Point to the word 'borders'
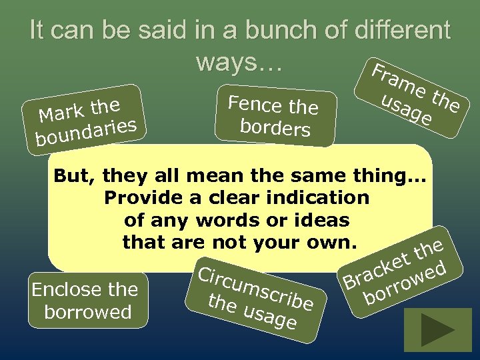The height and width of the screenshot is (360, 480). click(x=274, y=127)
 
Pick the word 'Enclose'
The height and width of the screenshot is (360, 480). click(x=64, y=290)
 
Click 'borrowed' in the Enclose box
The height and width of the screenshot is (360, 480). click(x=87, y=313)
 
